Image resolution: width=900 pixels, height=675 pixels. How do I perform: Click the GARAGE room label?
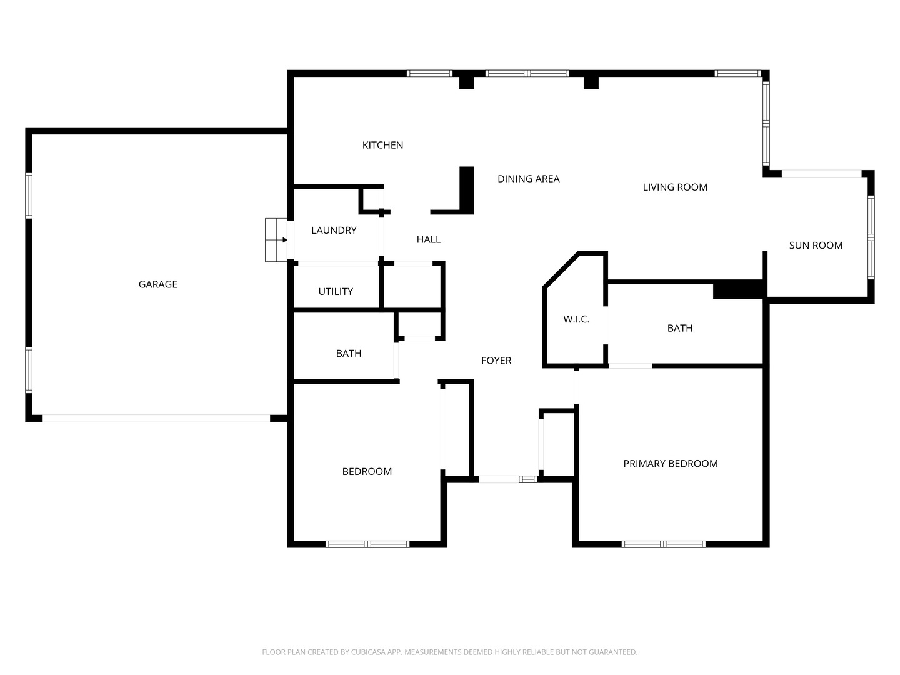click(x=158, y=284)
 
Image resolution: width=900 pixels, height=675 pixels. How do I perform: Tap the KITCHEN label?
click(x=382, y=145)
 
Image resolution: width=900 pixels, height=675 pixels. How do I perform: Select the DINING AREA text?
click(x=529, y=179)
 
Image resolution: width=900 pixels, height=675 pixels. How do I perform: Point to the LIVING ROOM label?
click(x=675, y=187)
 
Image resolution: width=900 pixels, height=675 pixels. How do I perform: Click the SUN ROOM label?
click(x=816, y=246)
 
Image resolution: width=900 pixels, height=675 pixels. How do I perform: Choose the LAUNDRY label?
click(x=334, y=231)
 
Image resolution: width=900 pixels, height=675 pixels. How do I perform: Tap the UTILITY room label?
click(x=336, y=291)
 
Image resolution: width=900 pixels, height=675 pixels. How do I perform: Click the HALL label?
click(x=429, y=239)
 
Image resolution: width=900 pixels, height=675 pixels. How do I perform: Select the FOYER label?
click(x=496, y=361)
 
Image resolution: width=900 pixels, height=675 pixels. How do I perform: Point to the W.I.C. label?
click(x=576, y=319)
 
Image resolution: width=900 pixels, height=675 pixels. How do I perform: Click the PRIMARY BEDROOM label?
click(x=671, y=464)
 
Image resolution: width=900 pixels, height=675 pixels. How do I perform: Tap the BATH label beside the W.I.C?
click(x=680, y=328)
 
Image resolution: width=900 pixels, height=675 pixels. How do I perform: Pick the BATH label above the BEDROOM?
click(x=349, y=353)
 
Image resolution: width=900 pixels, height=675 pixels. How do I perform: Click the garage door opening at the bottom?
click(x=156, y=419)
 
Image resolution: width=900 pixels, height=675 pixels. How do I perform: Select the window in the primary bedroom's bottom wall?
click(x=663, y=544)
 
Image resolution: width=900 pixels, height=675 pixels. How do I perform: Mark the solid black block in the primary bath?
click(x=738, y=289)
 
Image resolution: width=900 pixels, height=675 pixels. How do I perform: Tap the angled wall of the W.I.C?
click(x=561, y=270)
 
